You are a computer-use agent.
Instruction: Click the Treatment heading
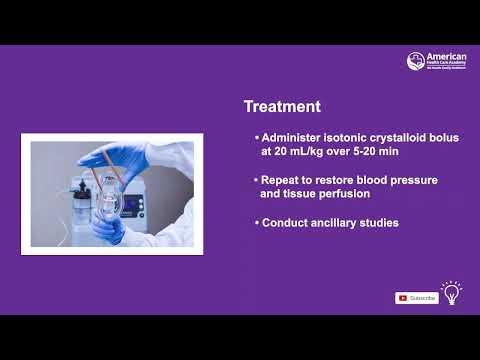[x=282, y=106]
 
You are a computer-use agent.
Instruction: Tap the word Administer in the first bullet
[x=291, y=137]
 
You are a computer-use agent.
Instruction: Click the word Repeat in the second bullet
[x=282, y=180]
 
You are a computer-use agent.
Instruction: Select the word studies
[x=381, y=223]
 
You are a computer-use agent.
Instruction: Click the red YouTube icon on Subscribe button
[x=403, y=297]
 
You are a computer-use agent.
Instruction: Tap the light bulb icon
[x=452, y=293]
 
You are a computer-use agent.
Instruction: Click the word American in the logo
[x=446, y=57]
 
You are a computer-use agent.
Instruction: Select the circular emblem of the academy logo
[x=415, y=62]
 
